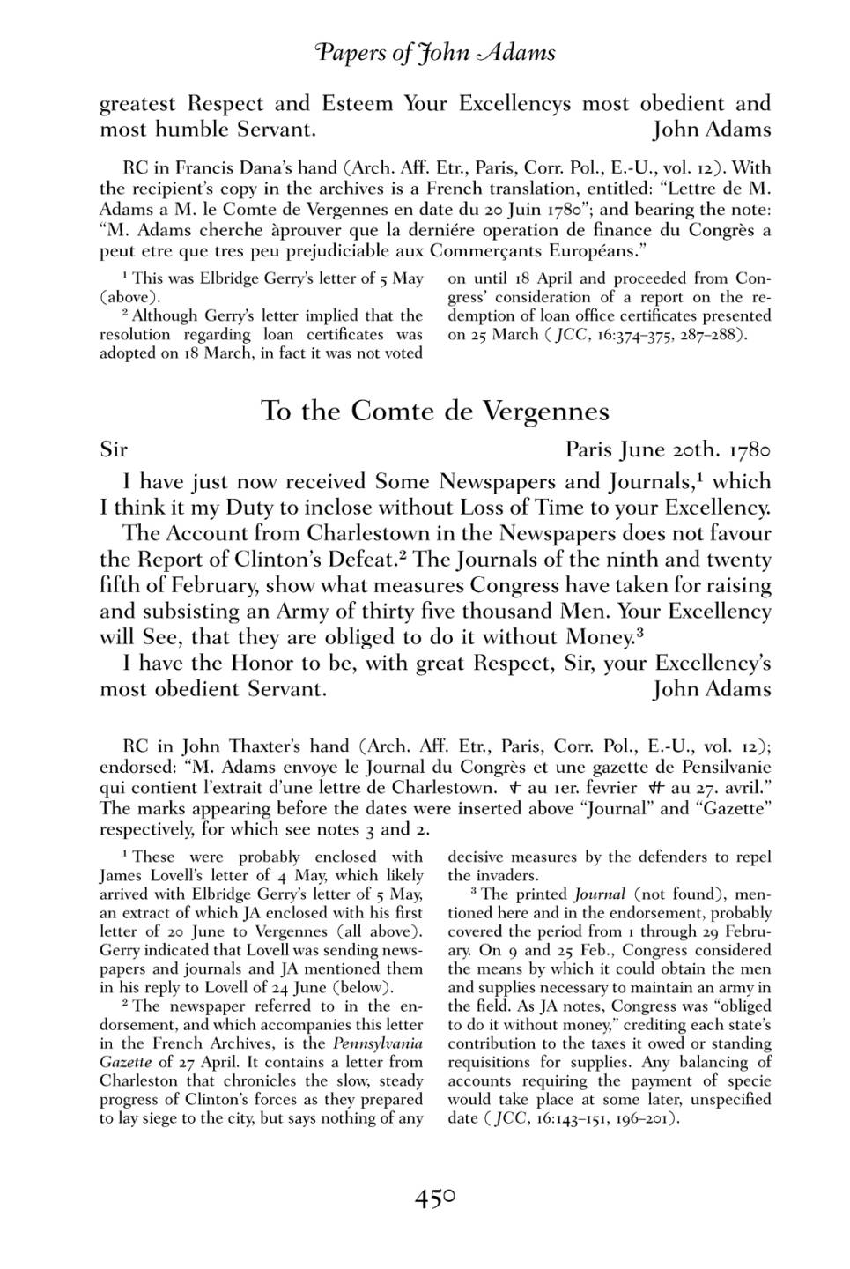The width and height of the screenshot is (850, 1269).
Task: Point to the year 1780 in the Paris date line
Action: [750, 450]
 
